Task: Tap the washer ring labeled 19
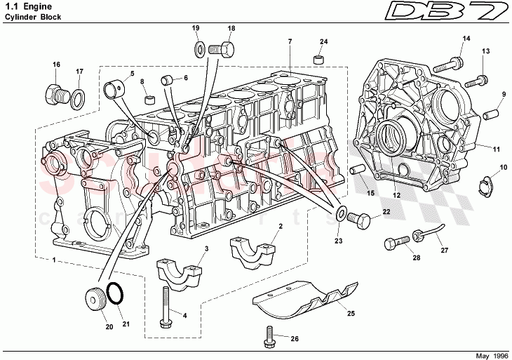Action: [x=198, y=48]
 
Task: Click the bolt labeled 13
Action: [x=478, y=81]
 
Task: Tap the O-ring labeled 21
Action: [x=117, y=294]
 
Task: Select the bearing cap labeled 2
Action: [x=251, y=251]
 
